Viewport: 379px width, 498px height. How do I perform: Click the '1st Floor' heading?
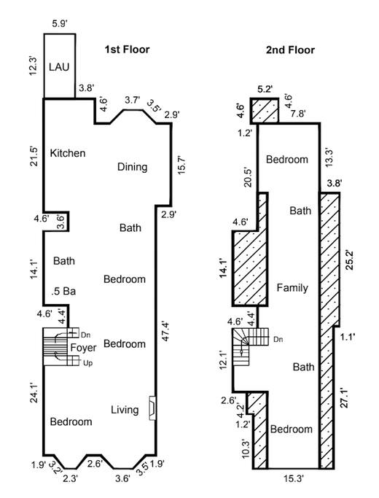(127, 50)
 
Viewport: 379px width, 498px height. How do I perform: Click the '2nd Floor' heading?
(290, 50)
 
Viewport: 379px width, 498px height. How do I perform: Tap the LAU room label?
(59, 67)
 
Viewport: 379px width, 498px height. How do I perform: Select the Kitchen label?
(68, 153)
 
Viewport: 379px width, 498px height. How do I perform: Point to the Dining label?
(133, 167)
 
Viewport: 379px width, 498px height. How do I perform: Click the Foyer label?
(83, 348)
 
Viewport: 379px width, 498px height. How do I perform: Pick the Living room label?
(125, 410)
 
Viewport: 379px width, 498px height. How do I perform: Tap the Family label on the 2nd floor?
(292, 288)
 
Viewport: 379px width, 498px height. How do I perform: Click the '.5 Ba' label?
(64, 291)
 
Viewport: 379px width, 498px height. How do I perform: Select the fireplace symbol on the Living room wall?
(152, 408)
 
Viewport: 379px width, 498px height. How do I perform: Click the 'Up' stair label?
(87, 363)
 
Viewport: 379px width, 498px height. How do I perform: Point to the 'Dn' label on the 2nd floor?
(278, 339)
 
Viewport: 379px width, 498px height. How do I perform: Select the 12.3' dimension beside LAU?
(34, 66)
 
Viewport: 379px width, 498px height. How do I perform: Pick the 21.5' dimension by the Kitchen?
(34, 156)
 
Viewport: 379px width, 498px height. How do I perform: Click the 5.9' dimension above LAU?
(59, 24)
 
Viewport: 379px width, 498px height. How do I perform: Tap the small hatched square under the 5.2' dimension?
(265, 110)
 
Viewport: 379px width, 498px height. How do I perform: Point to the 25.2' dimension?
(350, 260)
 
